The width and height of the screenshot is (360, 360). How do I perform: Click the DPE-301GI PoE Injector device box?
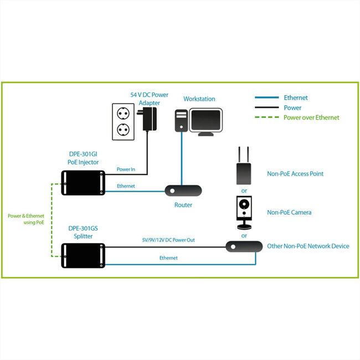[x=83, y=183]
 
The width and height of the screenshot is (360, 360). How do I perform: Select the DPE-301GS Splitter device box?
[x=83, y=253]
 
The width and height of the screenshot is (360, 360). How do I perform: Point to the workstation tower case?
[x=181, y=120]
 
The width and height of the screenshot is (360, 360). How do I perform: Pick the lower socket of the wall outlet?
[x=122, y=131]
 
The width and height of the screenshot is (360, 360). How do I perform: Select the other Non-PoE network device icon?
[x=244, y=246]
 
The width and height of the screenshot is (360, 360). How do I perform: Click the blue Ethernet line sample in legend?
[x=266, y=98]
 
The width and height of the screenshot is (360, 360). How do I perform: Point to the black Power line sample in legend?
[x=266, y=108]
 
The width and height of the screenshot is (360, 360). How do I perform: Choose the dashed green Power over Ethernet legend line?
[x=266, y=117]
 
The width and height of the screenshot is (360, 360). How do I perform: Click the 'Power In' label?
[x=126, y=169]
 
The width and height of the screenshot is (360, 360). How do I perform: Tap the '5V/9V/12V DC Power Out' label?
[x=168, y=240]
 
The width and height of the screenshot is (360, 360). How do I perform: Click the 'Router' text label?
[x=183, y=205]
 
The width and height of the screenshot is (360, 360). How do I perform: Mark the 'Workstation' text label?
[x=199, y=99]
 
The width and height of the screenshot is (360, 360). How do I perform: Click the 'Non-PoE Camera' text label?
[x=289, y=212]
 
